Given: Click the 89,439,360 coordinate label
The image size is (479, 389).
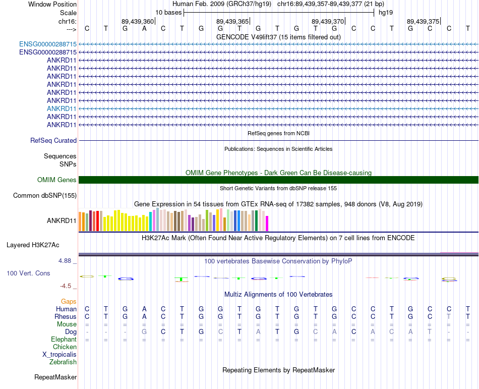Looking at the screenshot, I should point(138,21).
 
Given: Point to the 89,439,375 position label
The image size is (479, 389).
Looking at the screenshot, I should point(423,21).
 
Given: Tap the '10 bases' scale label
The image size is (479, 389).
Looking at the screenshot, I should point(168,12).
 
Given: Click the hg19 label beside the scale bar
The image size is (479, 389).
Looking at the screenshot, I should point(386,12).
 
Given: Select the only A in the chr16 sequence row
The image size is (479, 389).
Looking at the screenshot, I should point(144,28).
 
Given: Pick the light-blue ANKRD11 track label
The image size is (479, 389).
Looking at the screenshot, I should point(62,108).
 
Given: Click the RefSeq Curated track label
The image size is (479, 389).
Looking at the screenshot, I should point(53,141).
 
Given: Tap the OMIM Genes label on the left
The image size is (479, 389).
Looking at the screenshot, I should point(56,180).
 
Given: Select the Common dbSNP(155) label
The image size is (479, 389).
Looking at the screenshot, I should point(45,195).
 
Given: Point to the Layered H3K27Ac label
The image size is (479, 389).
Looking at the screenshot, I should point(33,245).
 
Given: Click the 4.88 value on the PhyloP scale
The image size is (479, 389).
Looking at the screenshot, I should point(66,261).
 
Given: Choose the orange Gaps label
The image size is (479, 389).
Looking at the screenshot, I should point(69,301).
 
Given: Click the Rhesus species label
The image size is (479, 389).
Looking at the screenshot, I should point(66,316).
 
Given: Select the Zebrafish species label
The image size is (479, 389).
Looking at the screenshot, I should point(63,362).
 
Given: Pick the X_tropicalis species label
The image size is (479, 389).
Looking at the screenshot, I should point(59,354).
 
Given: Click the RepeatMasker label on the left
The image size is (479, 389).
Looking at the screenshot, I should point(55,377).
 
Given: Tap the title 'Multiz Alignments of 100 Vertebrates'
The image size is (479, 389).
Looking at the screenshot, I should point(278,294).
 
